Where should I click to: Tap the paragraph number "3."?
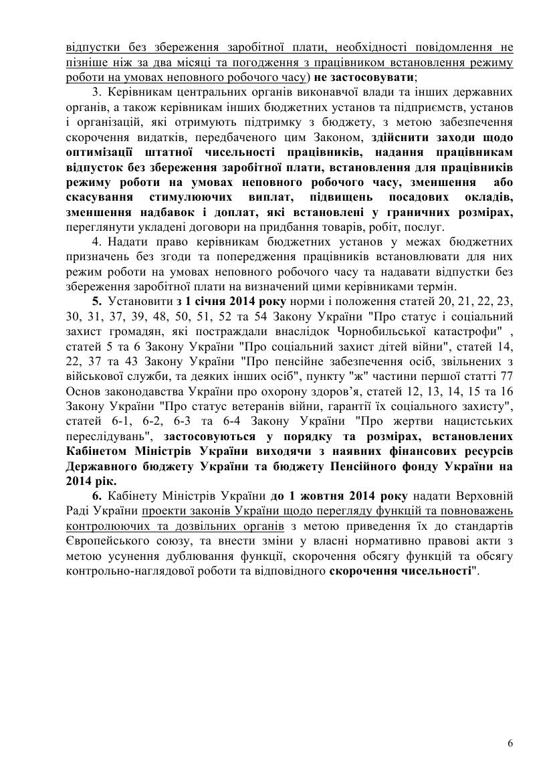[97, 92]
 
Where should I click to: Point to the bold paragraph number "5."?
[98, 299]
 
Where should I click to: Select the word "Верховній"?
[483, 495]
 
